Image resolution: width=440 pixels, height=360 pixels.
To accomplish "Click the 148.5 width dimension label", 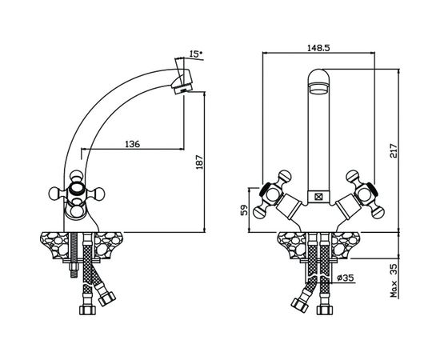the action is click(x=318, y=48).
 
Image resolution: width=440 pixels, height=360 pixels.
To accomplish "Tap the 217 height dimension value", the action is click(x=394, y=150).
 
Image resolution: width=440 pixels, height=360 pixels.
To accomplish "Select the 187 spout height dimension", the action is click(x=199, y=162).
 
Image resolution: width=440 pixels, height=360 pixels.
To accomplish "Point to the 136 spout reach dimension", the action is click(x=132, y=144).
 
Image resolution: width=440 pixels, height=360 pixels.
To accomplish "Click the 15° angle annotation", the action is click(x=195, y=54).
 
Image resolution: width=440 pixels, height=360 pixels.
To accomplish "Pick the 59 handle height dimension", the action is click(x=245, y=210).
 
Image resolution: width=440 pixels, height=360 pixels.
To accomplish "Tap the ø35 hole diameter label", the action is click(x=346, y=278).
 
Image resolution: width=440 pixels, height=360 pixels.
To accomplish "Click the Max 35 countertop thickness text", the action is click(x=394, y=280).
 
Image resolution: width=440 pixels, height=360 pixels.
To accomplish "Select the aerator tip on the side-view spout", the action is click(x=182, y=90).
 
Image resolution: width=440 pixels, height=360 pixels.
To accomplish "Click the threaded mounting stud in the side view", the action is click(x=74, y=254).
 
